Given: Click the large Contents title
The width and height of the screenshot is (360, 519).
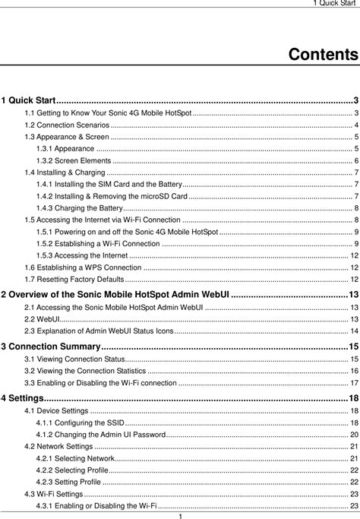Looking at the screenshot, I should pyautogui.click(x=323, y=55).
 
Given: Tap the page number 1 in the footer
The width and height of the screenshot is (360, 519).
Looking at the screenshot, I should pyautogui.click(x=180, y=514).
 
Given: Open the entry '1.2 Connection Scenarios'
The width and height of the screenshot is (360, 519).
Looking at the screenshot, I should pyautogui.click(x=67, y=125).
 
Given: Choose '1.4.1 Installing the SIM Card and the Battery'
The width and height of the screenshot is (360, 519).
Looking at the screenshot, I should pyautogui.click(x=109, y=185).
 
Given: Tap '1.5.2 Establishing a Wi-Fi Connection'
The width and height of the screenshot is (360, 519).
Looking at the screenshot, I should pyautogui.click(x=98, y=244).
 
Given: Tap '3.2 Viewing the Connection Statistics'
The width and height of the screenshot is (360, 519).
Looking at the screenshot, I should pyautogui.click(x=86, y=370).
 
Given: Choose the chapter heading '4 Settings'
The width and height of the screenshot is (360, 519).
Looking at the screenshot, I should pyautogui.click(x=22, y=398).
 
